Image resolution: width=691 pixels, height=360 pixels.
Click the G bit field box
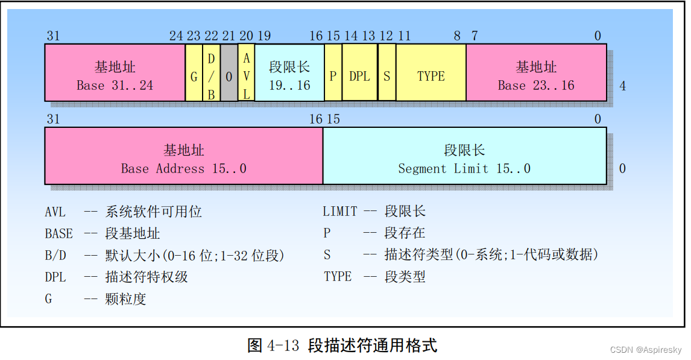194,77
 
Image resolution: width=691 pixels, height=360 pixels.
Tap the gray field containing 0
229,77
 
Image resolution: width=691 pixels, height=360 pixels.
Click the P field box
333,77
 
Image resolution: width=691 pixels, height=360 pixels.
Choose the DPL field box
359,77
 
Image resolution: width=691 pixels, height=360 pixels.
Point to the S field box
387,77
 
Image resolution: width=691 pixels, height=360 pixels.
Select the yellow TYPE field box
431,77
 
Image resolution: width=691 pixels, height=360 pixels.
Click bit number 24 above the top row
176,36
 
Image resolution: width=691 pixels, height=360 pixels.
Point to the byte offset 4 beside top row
622,86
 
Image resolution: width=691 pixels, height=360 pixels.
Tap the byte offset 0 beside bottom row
622,169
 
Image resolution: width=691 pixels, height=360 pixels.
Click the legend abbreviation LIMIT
340,212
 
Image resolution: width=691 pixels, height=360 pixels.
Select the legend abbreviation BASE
58,234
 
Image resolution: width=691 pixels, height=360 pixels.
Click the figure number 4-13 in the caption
283,346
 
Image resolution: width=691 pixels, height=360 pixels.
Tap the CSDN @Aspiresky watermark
645,350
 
